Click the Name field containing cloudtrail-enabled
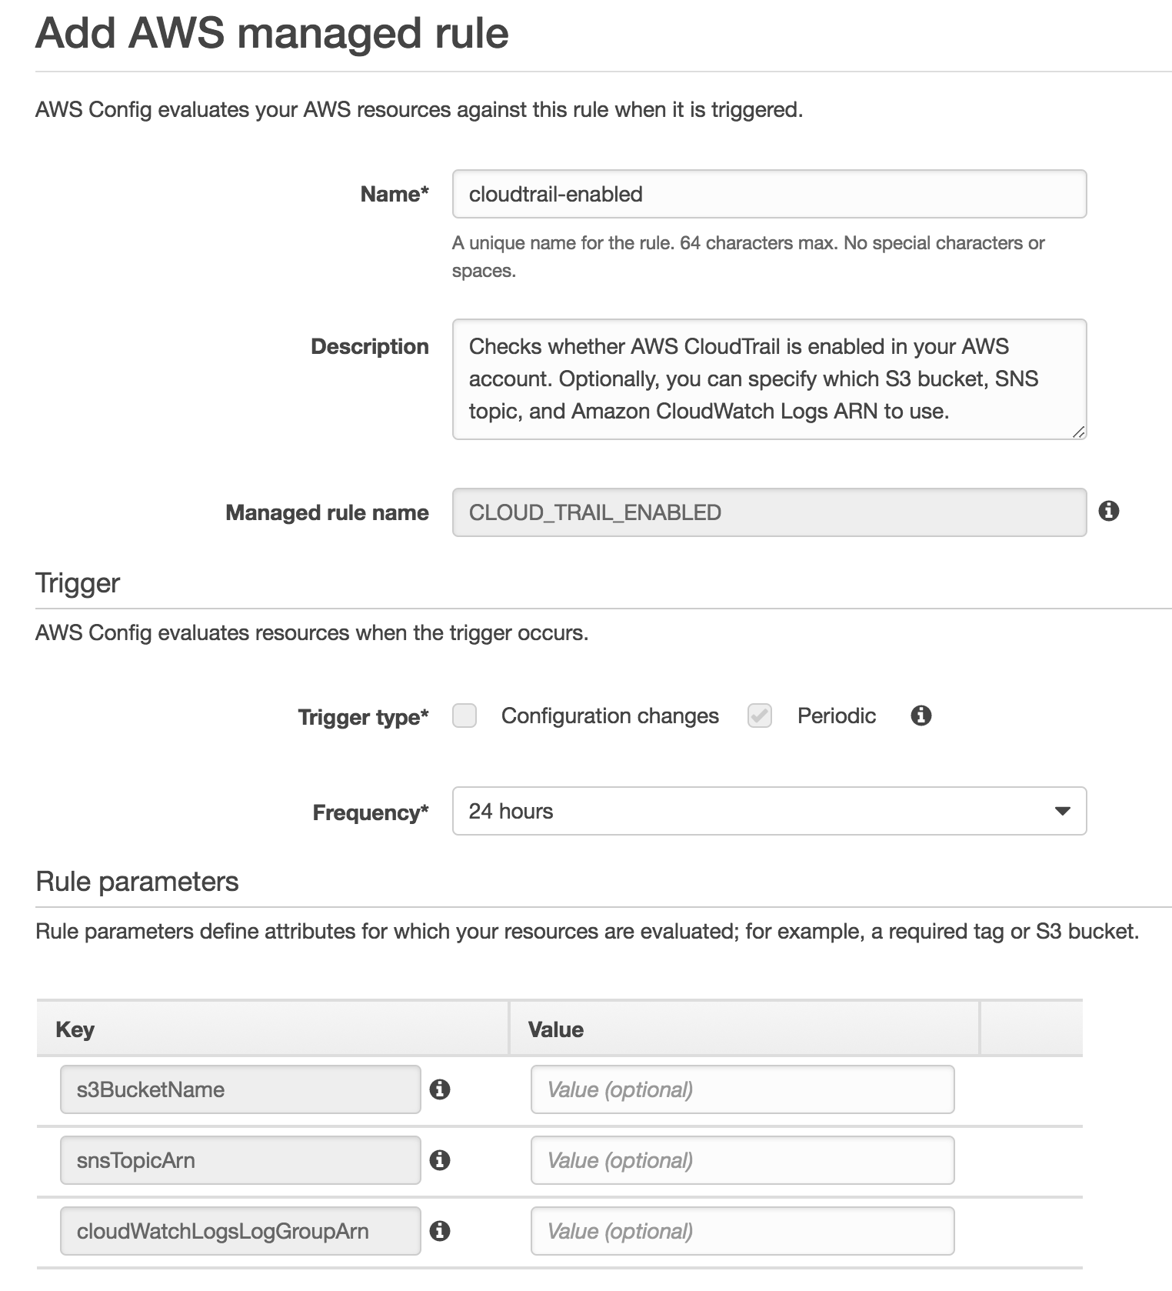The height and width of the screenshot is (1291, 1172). (x=769, y=194)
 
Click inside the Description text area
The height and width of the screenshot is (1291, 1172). (x=769, y=379)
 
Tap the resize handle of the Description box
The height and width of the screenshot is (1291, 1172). (x=1078, y=432)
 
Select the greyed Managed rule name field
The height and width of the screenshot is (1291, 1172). (x=769, y=512)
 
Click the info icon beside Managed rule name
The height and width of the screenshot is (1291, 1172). (x=1108, y=511)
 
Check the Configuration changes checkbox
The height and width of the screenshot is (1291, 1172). (x=464, y=716)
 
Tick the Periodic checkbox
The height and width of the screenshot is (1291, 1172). (x=760, y=716)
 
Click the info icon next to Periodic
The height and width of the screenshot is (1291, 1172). (x=921, y=716)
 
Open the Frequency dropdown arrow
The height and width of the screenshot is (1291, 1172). (x=1062, y=811)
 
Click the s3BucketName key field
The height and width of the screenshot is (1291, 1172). (x=240, y=1089)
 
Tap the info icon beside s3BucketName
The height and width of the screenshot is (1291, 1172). (x=440, y=1089)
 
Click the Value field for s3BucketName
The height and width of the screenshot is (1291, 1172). (x=742, y=1089)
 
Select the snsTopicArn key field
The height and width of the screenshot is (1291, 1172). (x=240, y=1160)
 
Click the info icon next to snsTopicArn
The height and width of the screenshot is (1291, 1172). (x=440, y=1160)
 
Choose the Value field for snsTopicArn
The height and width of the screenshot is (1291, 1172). (x=742, y=1160)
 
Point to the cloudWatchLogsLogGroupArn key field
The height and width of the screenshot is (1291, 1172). (x=240, y=1231)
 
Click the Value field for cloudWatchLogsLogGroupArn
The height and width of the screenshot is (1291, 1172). (x=742, y=1231)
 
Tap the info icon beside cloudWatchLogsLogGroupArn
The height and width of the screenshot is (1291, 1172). (x=440, y=1231)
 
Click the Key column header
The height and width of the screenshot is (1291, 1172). (x=75, y=1029)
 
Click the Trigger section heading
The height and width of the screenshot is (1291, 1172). (x=78, y=583)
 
